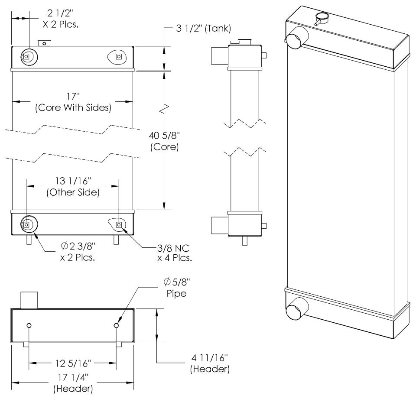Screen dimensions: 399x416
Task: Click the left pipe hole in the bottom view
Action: pyautogui.click(x=29, y=326)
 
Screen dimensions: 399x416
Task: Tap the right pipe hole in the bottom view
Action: pyautogui.click(x=116, y=326)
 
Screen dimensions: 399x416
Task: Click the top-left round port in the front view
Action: pyautogui.click(x=27, y=56)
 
